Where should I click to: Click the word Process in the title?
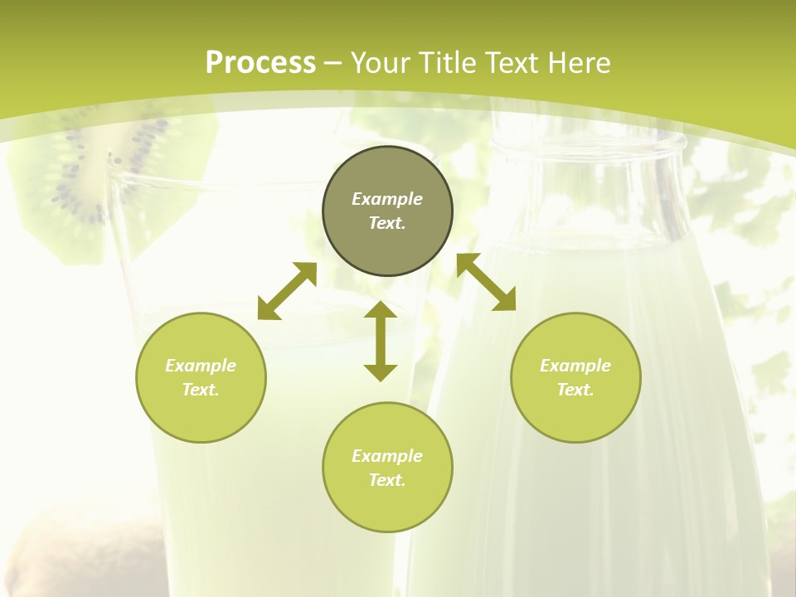point(260,63)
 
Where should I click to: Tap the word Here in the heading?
point(577,63)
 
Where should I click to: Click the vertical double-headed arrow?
point(381,341)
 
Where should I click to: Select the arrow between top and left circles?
point(287,291)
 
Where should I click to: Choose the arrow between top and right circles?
point(486,282)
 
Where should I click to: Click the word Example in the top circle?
point(387,199)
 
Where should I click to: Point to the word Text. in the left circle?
point(201,390)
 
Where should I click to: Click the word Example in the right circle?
point(575,366)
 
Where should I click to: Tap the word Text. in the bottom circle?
point(387,480)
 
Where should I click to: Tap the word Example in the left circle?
point(201,366)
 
